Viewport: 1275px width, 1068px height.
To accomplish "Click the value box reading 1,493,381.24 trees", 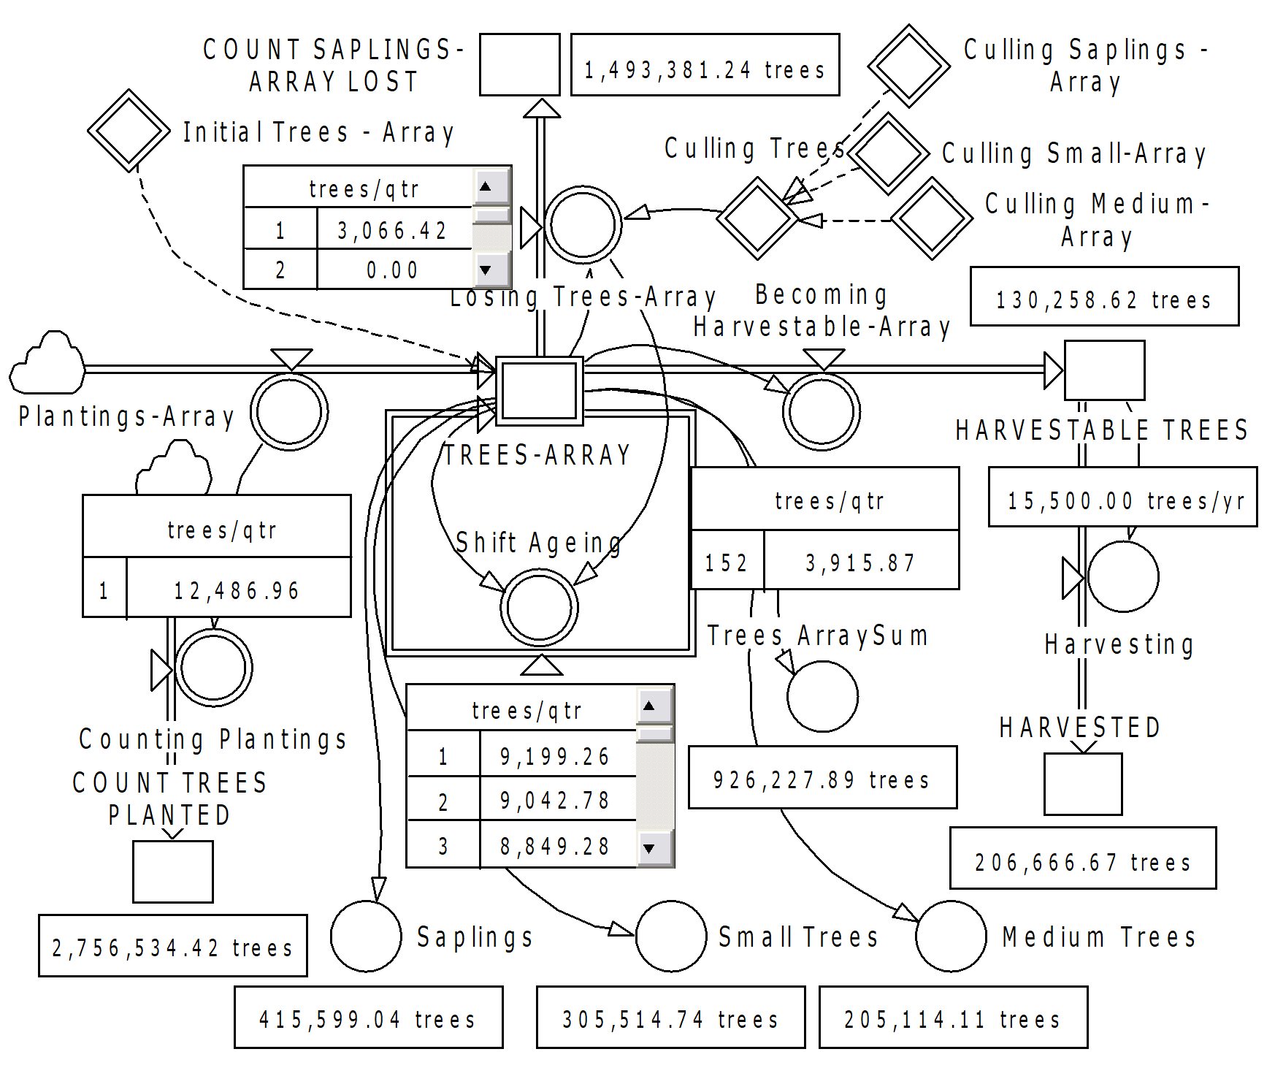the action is (705, 64).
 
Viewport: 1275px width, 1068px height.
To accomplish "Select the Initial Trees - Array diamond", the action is (129, 131).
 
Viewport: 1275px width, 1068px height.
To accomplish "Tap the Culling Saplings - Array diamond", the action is (908, 66).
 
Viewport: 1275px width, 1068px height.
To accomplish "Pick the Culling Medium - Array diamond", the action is (932, 218).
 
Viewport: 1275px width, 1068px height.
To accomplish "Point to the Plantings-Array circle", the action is (289, 412).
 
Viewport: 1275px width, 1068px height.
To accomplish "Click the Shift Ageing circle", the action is (539, 608).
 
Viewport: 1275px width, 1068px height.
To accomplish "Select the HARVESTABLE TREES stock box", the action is (1104, 370).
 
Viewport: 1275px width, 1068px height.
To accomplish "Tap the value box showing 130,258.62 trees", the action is (1104, 296).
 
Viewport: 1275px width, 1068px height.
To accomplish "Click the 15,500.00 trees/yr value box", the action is (1122, 497).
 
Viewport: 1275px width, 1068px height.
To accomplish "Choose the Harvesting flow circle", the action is (1122, 576).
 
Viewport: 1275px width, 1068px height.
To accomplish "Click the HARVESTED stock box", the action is (1083, 784).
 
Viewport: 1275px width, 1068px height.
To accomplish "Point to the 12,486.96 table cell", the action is (238, 589).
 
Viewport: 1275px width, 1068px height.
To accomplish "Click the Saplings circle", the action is (366, 936).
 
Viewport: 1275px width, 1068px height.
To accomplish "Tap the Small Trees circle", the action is (671, 936).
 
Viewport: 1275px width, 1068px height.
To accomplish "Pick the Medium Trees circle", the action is (951, 936).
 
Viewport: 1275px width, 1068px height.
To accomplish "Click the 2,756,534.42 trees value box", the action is (173, 945).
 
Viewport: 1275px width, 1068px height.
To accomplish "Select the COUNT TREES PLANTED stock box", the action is (173, 871).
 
